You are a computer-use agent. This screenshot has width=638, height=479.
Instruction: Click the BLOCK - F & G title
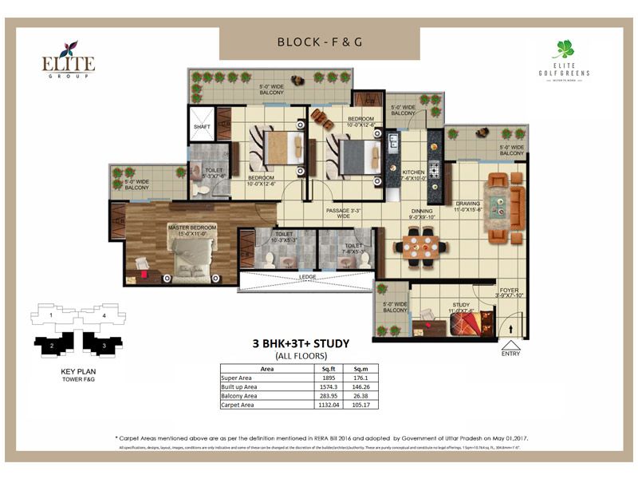click(x=319, y=42)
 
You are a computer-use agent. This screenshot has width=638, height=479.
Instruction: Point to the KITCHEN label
click(x=414, y=173)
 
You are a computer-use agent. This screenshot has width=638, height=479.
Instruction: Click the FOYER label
click(x=510, y=291)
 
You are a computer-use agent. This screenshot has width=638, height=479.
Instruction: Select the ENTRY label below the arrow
click(x=511, y=353)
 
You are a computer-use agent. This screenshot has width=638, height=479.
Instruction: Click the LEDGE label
click(x=306, y=277)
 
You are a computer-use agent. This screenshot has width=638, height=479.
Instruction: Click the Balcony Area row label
click(x=240, y=396)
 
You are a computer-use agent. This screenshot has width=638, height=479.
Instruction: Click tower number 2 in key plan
click(x=51, y=346)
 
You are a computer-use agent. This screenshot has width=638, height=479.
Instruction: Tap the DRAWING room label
click(x=467, y=204)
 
